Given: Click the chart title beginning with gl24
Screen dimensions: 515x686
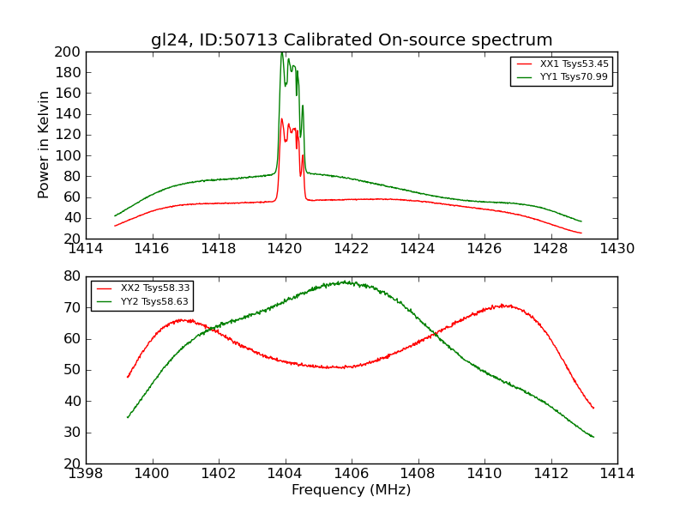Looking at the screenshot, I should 352,40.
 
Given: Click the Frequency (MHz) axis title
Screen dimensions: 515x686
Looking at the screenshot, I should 352,490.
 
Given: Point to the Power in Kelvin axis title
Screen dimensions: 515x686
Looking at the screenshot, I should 44,144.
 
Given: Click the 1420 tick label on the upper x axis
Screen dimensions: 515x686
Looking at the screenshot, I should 285,249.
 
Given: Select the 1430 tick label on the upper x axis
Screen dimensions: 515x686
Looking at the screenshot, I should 617,249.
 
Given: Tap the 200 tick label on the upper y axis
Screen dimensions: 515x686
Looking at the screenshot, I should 69,52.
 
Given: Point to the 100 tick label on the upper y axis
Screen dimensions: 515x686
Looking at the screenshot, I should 69,156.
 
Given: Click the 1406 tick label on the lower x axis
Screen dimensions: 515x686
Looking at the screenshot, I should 351,474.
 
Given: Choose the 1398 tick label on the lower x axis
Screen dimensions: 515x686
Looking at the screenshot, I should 86,474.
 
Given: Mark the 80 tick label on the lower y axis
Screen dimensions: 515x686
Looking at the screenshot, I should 73,276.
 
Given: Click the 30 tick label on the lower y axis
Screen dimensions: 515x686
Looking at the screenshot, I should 73,433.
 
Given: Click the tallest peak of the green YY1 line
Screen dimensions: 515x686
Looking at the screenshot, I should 281,53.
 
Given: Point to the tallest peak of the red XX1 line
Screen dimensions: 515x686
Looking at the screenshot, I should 281,119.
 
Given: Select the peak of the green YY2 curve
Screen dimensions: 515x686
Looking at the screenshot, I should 346,282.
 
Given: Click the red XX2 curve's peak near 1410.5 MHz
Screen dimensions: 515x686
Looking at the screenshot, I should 506,305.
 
